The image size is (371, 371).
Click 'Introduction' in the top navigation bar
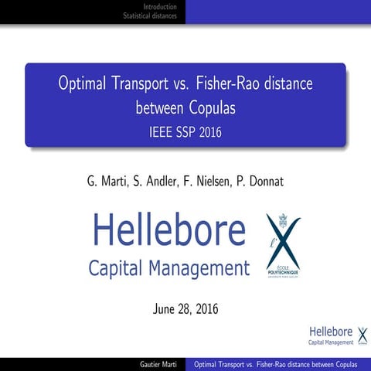pos(160,6)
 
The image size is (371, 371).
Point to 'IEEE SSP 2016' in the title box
pos(185,132)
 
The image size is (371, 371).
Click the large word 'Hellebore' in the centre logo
pos(168,230)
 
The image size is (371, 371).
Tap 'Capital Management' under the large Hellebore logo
pos(168,269)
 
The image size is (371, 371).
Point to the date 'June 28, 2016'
pos(185,309)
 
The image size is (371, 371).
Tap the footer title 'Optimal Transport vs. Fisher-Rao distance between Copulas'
pos(276,364)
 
